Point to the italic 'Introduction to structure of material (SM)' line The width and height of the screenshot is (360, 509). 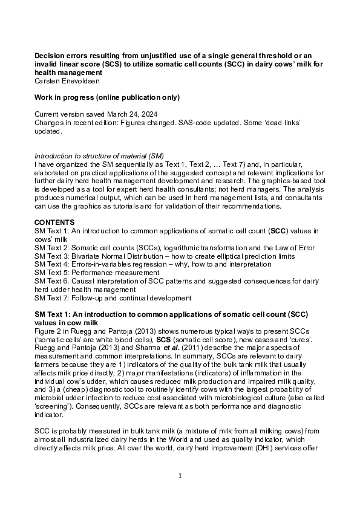99,155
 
